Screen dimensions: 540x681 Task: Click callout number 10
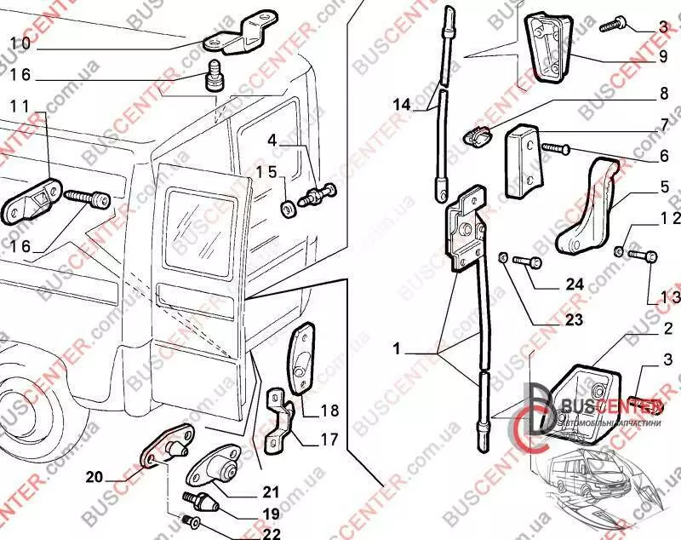pos(20,43)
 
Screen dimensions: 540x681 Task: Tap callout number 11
pos(20,106)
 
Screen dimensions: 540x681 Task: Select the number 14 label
pos(402,105)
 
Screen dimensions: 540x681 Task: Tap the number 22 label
pos(271,534)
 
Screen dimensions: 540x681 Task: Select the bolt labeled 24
pos(524,262)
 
